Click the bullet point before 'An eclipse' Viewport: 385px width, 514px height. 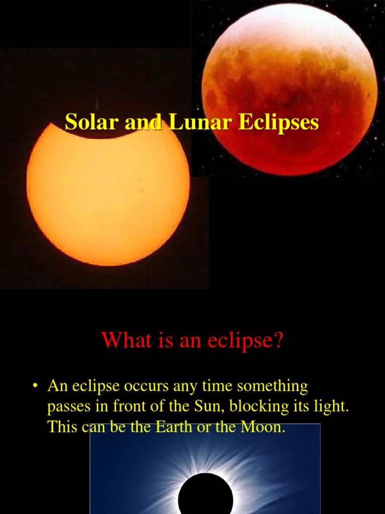35,387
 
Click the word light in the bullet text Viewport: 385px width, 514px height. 331,407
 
